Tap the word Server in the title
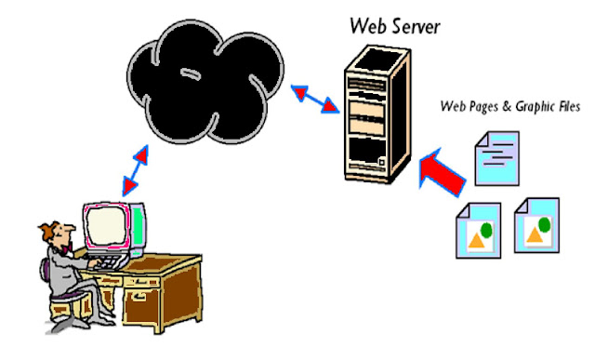point(410,24)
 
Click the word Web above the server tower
point(364,24)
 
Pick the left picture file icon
point(479,230)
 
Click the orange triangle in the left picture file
point(475,240)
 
